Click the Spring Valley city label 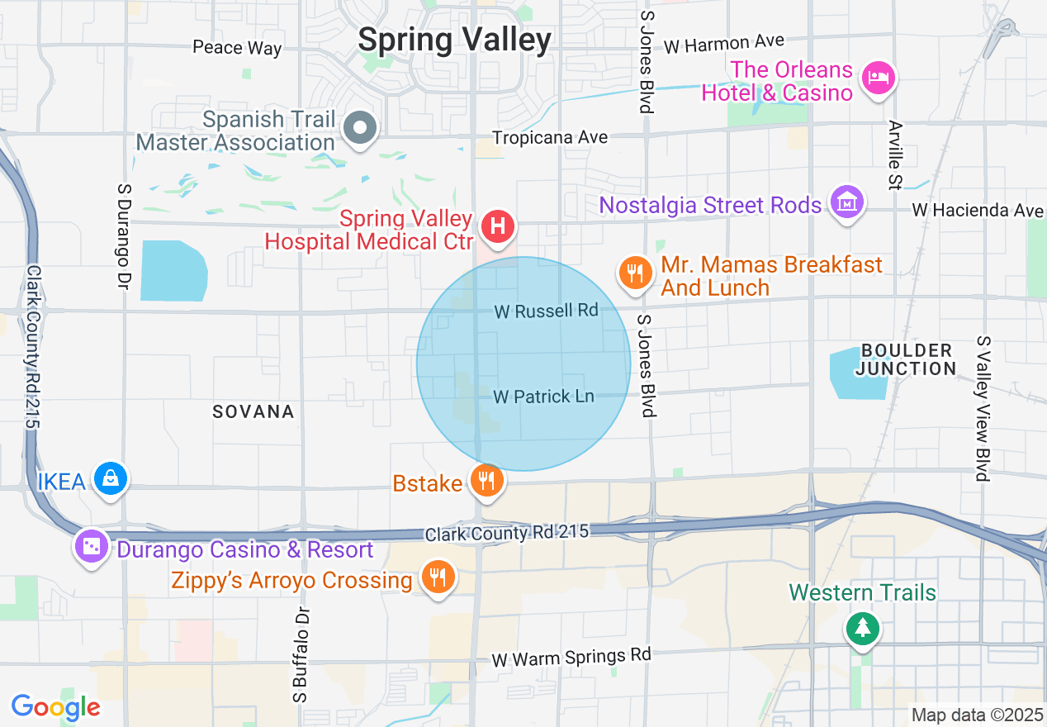click(x=455, y=40)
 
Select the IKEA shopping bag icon click(x=109, y=478)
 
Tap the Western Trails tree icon click(x=863, y=628)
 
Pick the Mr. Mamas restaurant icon click(x=634, y=273)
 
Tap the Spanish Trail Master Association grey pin click(x=360, y=128)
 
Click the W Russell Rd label click(x=546, y=311)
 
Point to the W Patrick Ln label click(x=543, y=397)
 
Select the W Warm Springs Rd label click(x=571, y=658)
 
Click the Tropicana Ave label click(x=550, y=137)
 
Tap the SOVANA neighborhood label click(x=253, y=411)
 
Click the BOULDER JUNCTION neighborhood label click(x=905, y=359)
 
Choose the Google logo click(x=55, y=707)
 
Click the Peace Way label click(x=237, y=47)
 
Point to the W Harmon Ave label click(x=723, y=44)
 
